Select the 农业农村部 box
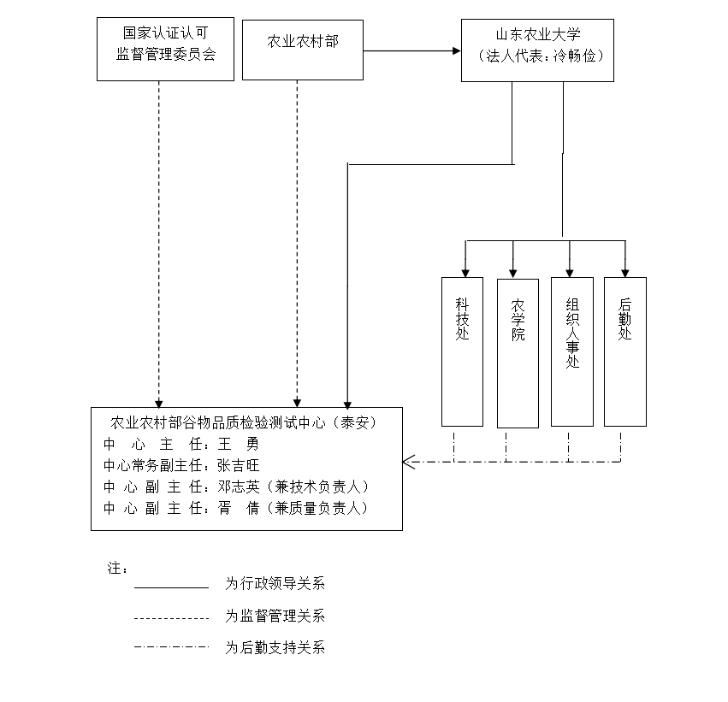[x=302, y=50]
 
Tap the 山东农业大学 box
[x=537, y=50]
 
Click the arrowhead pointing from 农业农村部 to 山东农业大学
[x=456, y=51]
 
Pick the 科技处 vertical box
[x=462, y=351]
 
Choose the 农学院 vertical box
[x=517, y=352]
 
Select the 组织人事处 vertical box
[x=571, y=351]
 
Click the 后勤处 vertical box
[x=624, y=351]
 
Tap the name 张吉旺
[x=238, y=466]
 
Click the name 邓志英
[x=238, y=487]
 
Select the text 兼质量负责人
[x=321, y=509]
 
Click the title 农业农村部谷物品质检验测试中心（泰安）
[x=245, y=422]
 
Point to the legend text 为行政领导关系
[x=275, y=585]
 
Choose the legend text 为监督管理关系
[x=275, y=616]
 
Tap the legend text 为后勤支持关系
[x=275, y=648]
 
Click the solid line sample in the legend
[x=171, y=587]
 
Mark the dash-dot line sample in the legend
[x=171, y=647]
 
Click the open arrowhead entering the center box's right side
[x=408, y=463]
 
